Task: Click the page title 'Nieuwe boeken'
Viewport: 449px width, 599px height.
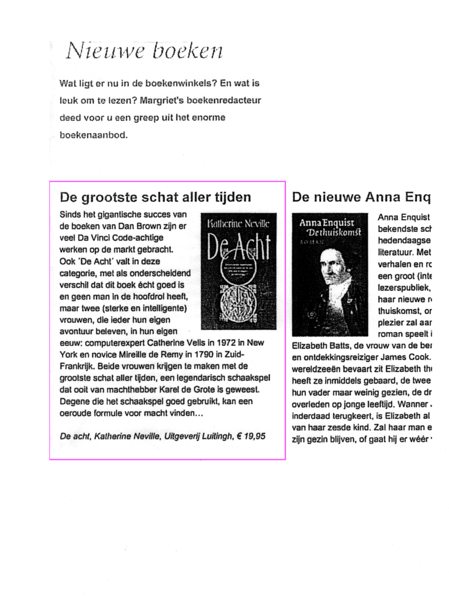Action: pos(144,51)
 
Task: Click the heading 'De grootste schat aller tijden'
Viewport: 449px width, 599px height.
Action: pos(156,197)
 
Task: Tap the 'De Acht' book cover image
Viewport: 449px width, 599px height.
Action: pos(239,271)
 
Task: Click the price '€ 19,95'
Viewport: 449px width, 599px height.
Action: pos(251,436)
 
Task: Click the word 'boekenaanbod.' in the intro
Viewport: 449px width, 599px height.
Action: pos(94,135)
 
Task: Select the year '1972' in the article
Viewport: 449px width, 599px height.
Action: pos(227,343)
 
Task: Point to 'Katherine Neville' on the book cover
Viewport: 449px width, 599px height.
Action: pos(239,223)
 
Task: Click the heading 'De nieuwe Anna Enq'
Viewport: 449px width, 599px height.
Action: pos(361,197)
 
